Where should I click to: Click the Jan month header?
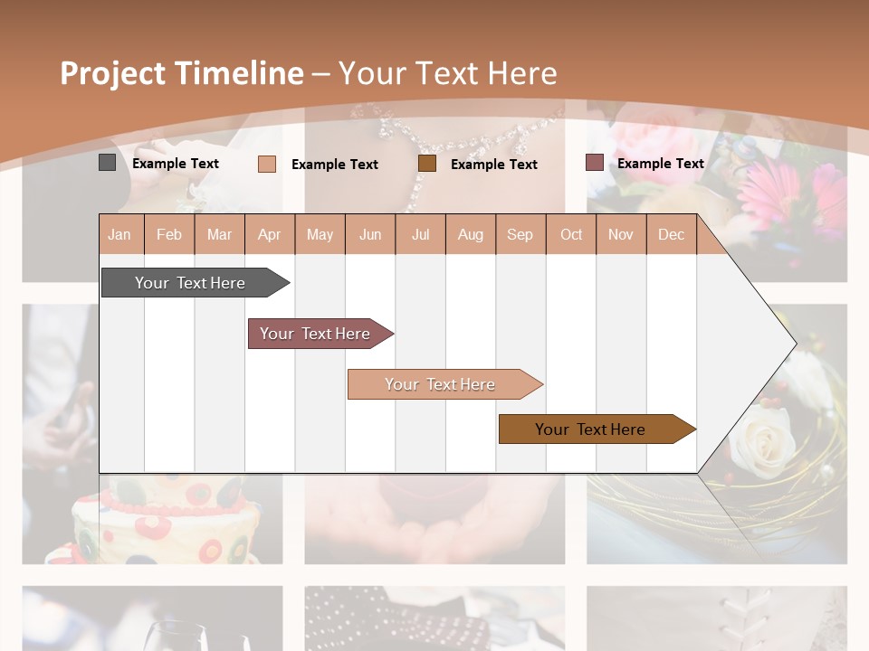coord(119,234)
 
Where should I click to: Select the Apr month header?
coord(269,234)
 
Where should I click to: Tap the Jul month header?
coord(420,234)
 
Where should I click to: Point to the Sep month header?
coord(520,234)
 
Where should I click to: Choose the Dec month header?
coord(671,234)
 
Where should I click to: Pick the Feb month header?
coord(169,234)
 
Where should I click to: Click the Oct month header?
coord(571,234)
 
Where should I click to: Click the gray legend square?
coord(107,163)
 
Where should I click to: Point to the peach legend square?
coord(266,164)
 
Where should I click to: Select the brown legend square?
coord(427,164)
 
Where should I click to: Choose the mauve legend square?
coord(595,163)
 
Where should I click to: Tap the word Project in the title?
coord(113,73)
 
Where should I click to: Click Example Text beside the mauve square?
coord(661,164)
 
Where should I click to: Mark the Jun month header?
coord(370,234)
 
